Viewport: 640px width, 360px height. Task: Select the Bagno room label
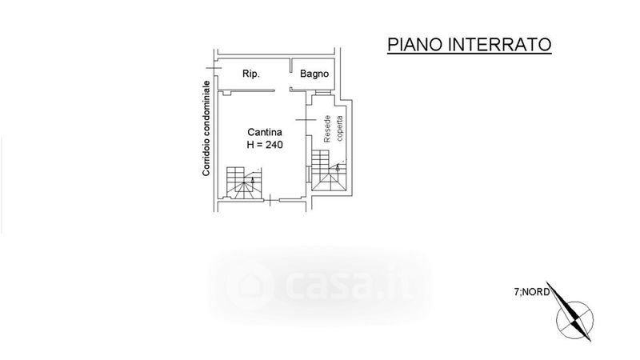coord(315,74)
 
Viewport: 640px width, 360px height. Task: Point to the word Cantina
coord(262,132)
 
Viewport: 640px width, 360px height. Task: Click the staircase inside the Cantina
coord(242,182)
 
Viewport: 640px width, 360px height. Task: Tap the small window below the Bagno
coord(322,94)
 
